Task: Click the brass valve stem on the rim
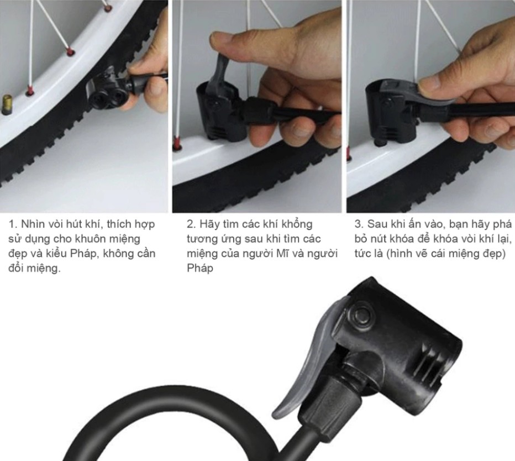(7, 105)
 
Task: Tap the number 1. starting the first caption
(13, 224)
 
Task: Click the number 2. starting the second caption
(191, 224)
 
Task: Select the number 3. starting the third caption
(359, 224)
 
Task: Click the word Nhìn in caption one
(33, 224)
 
